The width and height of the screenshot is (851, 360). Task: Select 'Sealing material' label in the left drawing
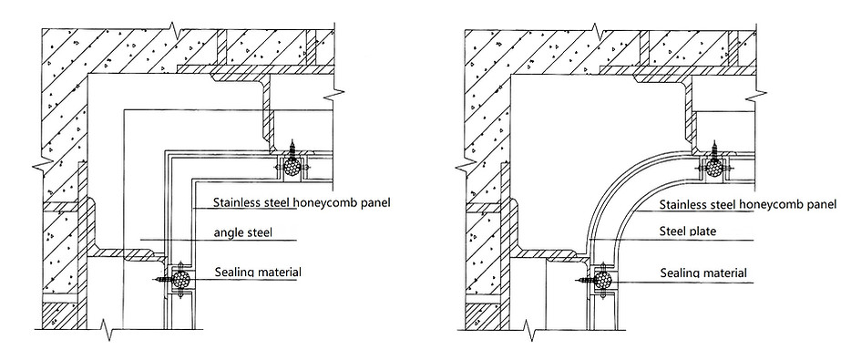258,271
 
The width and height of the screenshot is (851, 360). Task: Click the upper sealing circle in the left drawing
292,168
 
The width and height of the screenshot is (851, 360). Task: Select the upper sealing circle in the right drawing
713,167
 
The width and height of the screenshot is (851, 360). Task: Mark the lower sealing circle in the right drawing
602,279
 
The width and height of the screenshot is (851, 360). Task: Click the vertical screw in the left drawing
292,148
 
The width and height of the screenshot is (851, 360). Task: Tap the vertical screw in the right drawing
713,148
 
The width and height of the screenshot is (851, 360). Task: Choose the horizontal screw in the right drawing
585,279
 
